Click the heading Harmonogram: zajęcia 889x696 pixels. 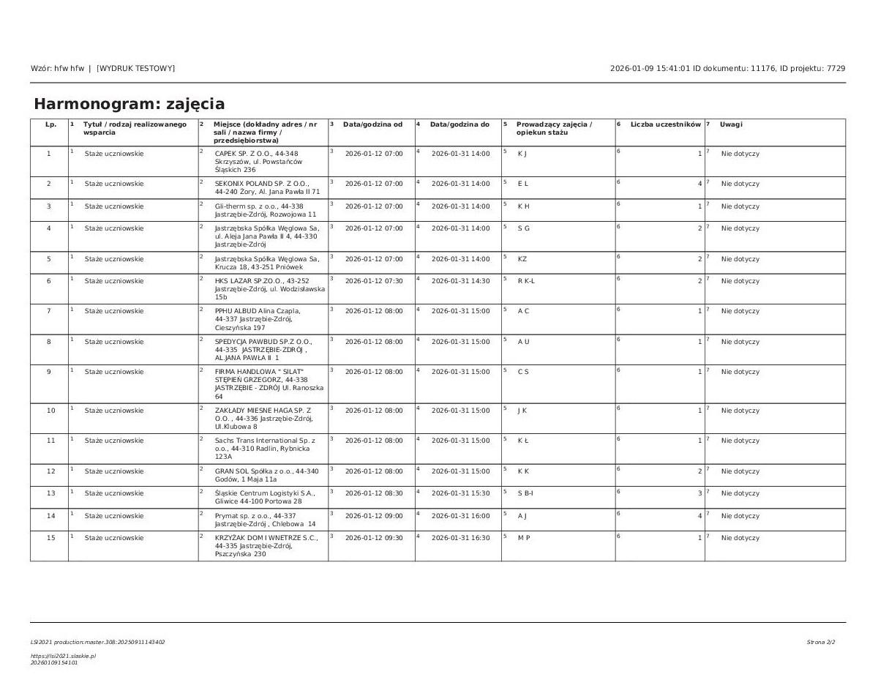130,104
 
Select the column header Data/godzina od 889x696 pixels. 372,124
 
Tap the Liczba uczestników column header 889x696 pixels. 665,124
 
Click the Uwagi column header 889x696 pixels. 730,124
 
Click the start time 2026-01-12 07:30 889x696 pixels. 373,281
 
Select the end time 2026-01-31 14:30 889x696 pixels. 460,281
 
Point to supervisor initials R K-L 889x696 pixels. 526,281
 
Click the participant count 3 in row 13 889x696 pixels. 699,493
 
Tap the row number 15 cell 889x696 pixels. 49,538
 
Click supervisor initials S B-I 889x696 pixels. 525,493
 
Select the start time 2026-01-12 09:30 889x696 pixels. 373,538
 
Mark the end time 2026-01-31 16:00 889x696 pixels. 460,516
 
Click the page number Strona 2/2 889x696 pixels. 820,643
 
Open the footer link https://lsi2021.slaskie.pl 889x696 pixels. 63,656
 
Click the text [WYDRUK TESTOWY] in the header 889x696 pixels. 135,68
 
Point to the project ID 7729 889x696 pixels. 836,68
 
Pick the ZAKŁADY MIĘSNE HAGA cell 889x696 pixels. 263,418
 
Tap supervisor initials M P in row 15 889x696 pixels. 523,538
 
